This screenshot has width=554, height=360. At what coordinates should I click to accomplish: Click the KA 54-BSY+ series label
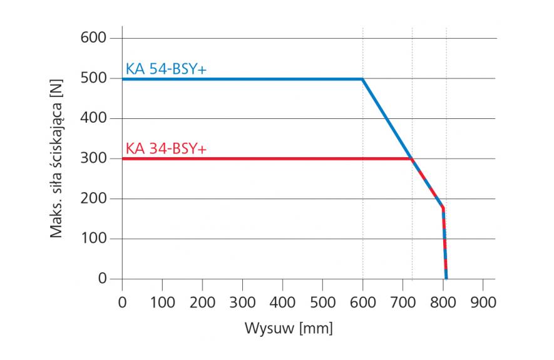166,69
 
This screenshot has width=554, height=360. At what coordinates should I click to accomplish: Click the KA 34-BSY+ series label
166,149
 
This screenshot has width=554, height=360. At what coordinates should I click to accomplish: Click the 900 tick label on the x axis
483,302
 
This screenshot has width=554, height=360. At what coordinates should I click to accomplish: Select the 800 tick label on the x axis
443,302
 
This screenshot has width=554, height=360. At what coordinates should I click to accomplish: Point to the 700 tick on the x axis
403,302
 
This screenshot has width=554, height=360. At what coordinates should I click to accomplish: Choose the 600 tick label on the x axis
362,302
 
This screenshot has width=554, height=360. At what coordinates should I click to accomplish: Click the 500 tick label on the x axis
322,302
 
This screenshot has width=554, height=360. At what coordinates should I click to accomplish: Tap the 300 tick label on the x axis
242,302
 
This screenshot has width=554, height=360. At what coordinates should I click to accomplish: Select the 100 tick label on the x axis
162,302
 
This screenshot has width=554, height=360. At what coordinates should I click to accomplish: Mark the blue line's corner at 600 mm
362,79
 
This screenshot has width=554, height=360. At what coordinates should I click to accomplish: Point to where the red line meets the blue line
411,158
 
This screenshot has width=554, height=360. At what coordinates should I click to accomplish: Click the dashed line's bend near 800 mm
443,207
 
